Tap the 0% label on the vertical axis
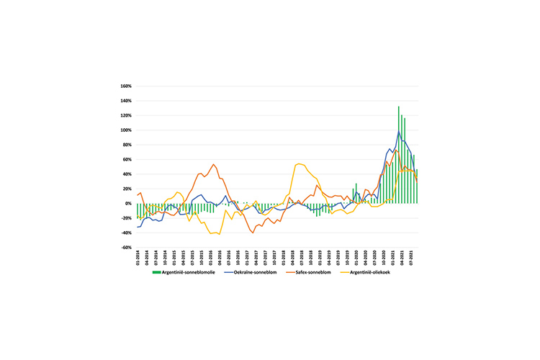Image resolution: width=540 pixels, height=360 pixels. pyautogui.click(x=127, y=204)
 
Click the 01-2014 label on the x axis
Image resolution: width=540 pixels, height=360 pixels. pyautogui.click(x=137, y=258)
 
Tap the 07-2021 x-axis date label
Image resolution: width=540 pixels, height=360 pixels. pyautogui.click(x=411, y=258)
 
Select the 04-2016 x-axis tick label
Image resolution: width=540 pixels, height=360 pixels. pyautogui.click(x=219, y=258)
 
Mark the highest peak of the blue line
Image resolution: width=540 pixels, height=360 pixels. pyautogui.click(x=399, y=131)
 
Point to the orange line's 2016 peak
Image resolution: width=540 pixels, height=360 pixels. pyautogui.click(x=214, y=164)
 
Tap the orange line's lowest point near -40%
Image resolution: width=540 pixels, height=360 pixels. pyautogui.click(x=253, y=233)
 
